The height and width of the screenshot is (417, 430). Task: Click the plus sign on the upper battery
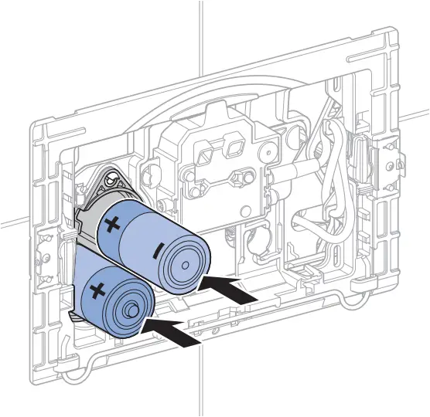coord(112,226)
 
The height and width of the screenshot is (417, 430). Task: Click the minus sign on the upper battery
coord(157,250)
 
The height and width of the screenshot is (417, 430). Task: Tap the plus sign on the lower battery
coord(98,291)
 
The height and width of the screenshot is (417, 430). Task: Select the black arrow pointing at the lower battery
coord(175,331)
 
